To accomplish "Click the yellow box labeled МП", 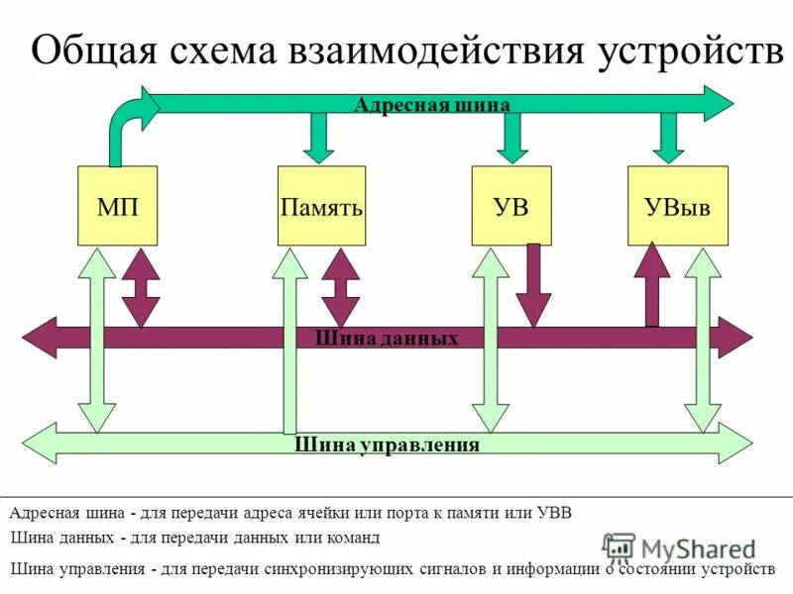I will (x=117, y=206).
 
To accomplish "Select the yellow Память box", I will (x=321, y=206).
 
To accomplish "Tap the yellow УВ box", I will (x=510, y=206).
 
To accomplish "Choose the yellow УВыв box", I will (x=677, y=206).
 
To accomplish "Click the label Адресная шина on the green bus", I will (x=431, y=105).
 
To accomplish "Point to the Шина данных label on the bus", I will (x=387, y=339).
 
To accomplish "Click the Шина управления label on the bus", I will (x=387, y=445).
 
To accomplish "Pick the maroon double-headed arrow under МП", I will (x=140, y=287).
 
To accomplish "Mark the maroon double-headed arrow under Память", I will (x=341, y=287).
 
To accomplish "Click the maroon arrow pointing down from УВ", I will (x=534, y=287).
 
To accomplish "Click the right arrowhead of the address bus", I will (x=719, y=103).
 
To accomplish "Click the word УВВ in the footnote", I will (x=555, y=513).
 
